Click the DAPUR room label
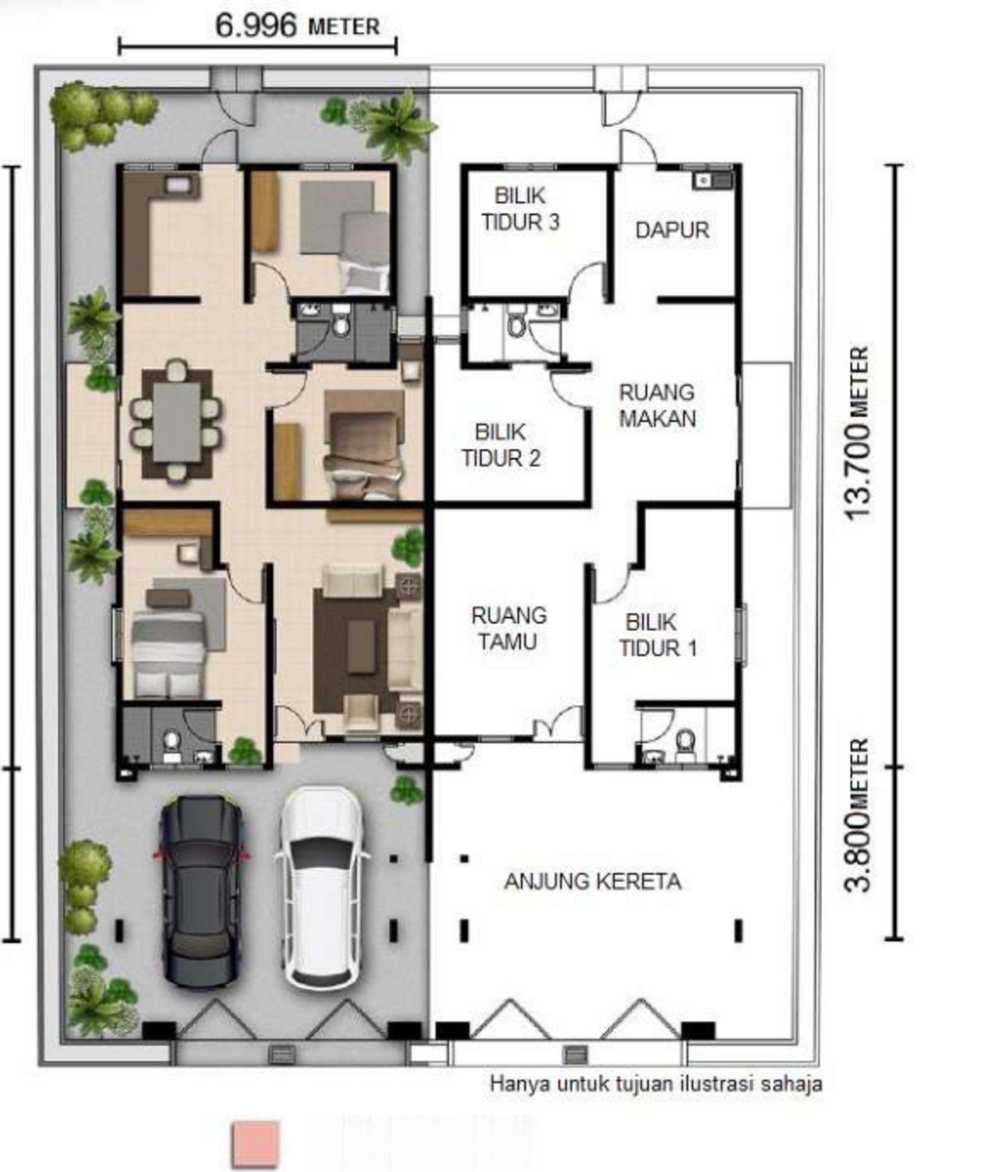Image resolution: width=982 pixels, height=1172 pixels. (x=672, y=230)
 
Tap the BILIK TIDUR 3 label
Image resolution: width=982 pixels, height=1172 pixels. (x=520, y=209)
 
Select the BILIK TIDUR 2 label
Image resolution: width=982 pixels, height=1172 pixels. (x=501, y=445)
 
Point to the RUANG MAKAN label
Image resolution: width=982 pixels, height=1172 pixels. (x=657, y=406)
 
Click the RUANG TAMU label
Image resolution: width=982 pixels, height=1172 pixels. (x=509, y=629)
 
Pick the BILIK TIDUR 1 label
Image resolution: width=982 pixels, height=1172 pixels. (x=658, y=635)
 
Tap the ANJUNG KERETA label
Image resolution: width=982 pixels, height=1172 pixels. (x=593, y=882)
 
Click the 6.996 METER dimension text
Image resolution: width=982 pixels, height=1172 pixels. (x=298, y=26)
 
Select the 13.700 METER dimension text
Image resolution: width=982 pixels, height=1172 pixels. (x=857, y=434)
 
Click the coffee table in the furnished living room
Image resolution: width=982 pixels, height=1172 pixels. (x=361, y=647)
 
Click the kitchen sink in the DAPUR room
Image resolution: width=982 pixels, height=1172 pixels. (x=712, y=180)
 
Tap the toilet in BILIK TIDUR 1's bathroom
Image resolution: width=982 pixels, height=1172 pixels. (x=684, y=743)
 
